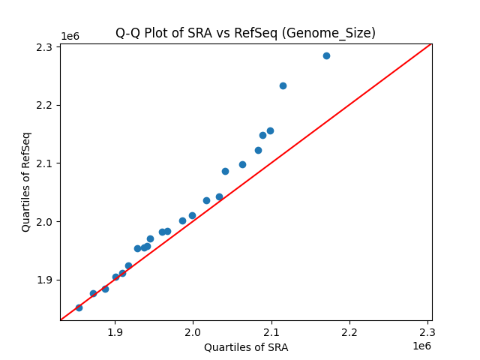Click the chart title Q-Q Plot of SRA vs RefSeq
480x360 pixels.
click(x=245, y=33)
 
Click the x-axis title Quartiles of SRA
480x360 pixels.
click(x=245, y=347)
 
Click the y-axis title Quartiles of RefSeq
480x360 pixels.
click(x=26, y=181)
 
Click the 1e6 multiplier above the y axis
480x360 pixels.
click(x=70, y=36)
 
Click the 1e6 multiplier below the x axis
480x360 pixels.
click(x=421, y=346)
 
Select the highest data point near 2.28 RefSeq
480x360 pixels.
click(x=326, y=55)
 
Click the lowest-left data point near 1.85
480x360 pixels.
click(x=79, y=307)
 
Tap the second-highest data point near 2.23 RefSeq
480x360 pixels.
click(x=283, y=85)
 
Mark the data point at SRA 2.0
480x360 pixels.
click(x=192, y=215)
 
